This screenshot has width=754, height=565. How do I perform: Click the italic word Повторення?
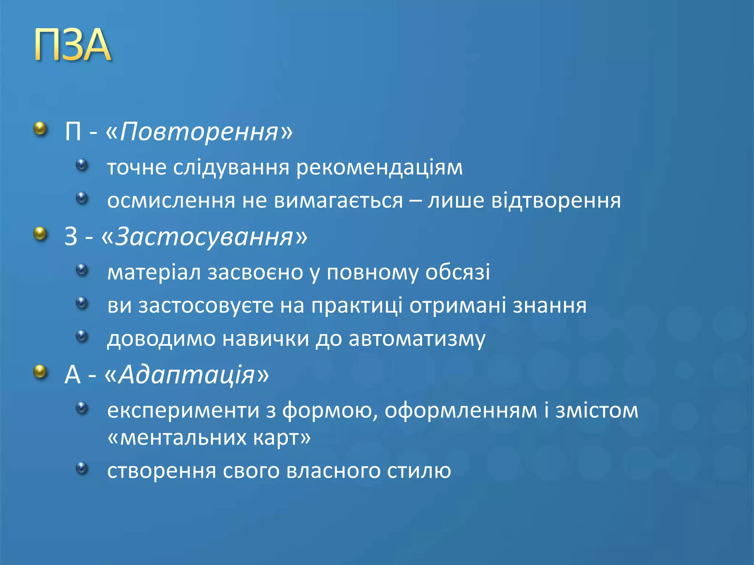pos(199,132)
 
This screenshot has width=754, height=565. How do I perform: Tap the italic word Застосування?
pos(204,237)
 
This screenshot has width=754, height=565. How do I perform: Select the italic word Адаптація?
pos(187,375)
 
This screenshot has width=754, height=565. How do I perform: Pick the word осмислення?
pos(171,201)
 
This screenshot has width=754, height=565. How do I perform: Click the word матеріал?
pos(154,273)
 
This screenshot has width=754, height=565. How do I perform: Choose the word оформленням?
pos(461,411)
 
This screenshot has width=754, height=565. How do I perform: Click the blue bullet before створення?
pos(82,468)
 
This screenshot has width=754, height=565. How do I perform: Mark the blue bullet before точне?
pos(82,164)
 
